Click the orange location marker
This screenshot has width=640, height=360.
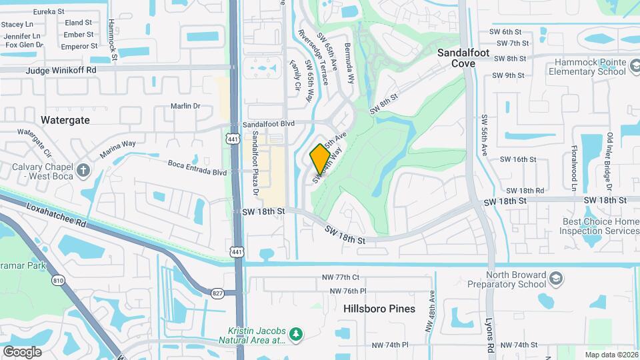(x=320, y=159)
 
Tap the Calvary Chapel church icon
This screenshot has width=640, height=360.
(x=82, y=169)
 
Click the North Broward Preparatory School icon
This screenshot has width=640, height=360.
(x=554, y=277)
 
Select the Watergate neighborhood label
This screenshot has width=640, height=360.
(x=65, y=120)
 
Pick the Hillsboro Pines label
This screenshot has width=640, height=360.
(x=379, y=309)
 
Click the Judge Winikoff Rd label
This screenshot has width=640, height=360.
(x=61, y=69)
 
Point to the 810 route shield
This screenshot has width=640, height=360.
(x=58, y=281)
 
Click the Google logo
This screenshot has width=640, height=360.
(x=22, y=351)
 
